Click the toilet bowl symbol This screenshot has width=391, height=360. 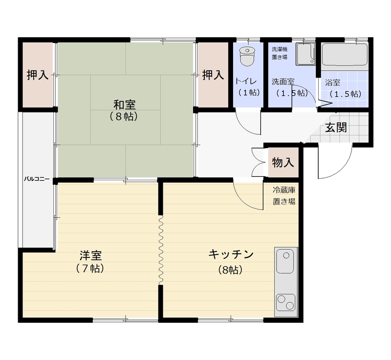click(x=247, y=57)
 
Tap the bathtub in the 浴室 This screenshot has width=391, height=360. click(x=345, y=55)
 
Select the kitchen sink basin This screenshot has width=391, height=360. click(x=285, y=262)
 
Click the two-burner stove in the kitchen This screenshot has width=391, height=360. click(x=286, y=302)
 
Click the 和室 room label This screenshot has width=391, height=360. click(x=125, y=105)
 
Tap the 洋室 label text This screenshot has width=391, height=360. click(x=90, y=255)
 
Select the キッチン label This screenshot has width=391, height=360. click(x=231, y=254)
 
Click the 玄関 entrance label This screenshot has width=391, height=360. click(x=336, y=128)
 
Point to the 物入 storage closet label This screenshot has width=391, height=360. click(x=283, y=163)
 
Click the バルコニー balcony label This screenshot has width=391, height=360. click(x=37, y=179)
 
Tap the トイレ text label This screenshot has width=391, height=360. click(x=246, y=81)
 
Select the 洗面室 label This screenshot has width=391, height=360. click(x=283, y=82)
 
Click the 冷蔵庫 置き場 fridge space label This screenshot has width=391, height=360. click(x=284, y=195)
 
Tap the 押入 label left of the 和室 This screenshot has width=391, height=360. click(x=38, y=75)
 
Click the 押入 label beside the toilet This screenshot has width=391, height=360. click(x=213, y=75)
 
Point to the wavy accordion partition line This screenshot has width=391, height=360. click(x=161, y=250)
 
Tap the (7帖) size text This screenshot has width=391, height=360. click(x=90, y=268)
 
